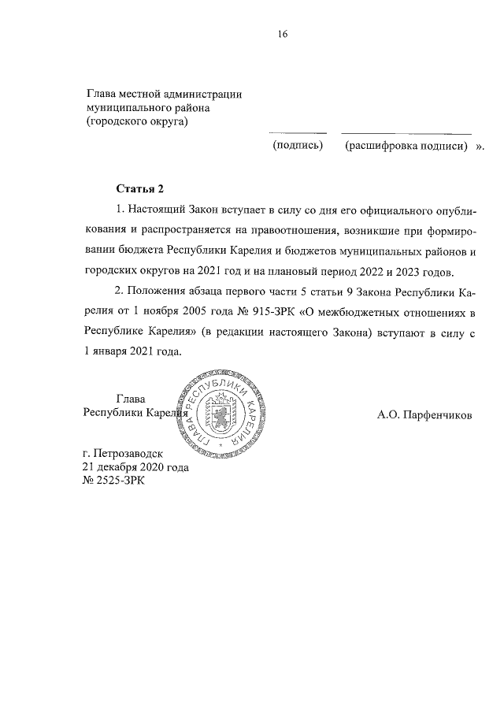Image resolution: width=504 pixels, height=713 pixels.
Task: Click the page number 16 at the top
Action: (x=283, y=34)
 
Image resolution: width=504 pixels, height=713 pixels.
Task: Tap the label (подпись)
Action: (x=298, y=147)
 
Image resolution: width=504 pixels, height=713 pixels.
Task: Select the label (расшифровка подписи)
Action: (x=406, y=147)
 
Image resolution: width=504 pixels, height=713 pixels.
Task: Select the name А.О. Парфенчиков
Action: (x=424, y=415)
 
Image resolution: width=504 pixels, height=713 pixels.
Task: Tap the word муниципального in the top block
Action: (x=128, y=108)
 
